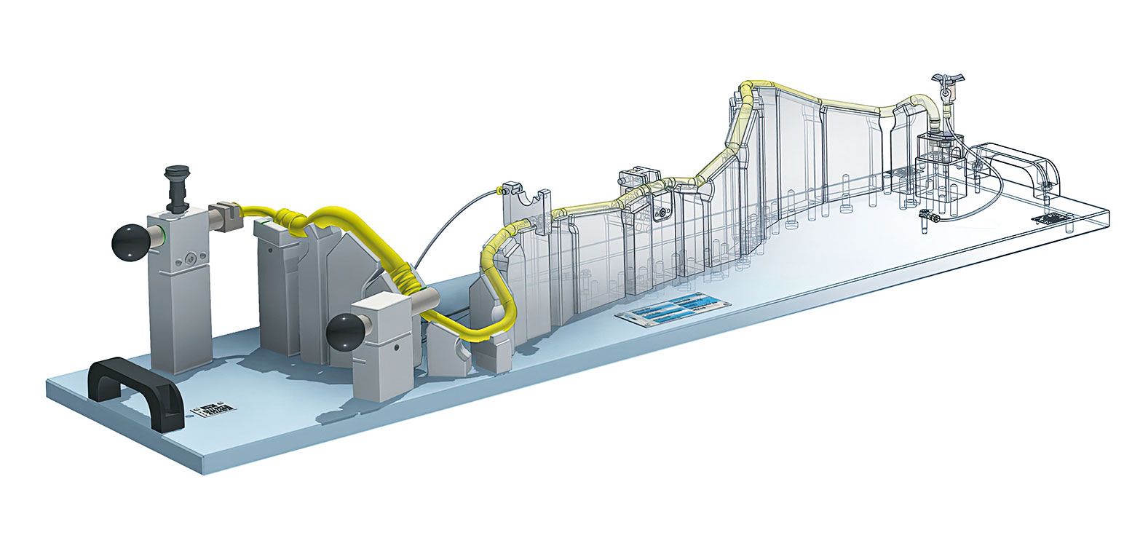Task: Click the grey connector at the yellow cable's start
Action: (226, 216)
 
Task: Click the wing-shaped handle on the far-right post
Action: (946, 80)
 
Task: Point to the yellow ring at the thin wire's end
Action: (500, 191)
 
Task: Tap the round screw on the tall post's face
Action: (191, 257)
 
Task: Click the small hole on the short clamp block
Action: (393, 349)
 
